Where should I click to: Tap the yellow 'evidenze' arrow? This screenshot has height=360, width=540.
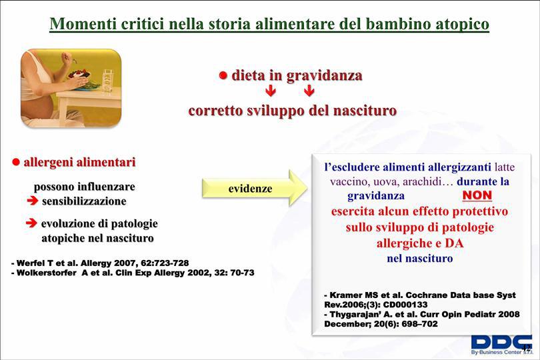[x=255, y=188]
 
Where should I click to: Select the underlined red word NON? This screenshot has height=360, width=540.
[x=477, y=195]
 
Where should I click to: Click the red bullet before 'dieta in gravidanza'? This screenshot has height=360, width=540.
[x=223, y=75]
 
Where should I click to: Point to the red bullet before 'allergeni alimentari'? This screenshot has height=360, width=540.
[x=16, y=162]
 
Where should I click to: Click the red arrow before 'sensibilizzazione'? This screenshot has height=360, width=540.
[x=33, y=201]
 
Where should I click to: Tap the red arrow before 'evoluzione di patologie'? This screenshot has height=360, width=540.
[x=31, y=223]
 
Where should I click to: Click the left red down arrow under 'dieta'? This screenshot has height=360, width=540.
[x=271, y=91]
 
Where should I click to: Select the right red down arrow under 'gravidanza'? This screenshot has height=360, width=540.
[x=309, y=91]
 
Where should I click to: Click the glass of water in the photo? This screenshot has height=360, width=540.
[x=108, y=81]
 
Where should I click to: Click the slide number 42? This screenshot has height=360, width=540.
[x=526, y=347]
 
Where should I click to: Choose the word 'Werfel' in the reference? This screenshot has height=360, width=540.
[x=30, y=263]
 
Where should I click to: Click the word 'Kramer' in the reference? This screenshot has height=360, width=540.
[x=346, y=295]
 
